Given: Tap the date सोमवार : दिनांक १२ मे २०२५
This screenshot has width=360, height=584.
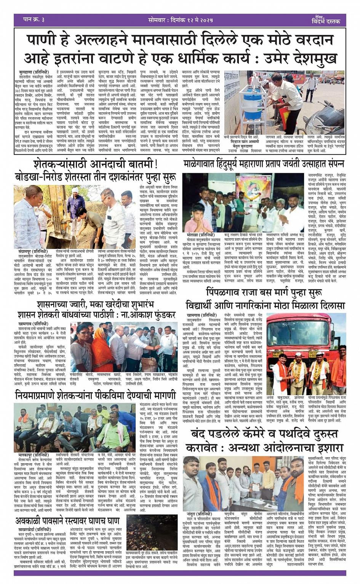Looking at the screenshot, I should click(180, 20).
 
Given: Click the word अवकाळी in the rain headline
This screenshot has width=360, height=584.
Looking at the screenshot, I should click(32, 521).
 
